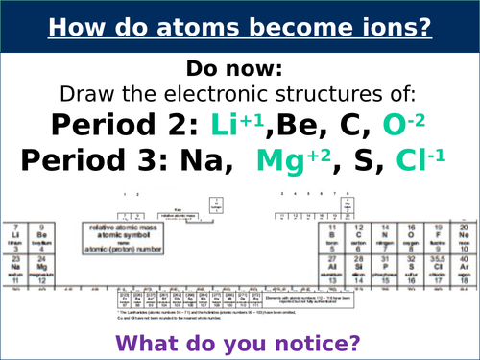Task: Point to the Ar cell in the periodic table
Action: [x=466, y=273]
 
